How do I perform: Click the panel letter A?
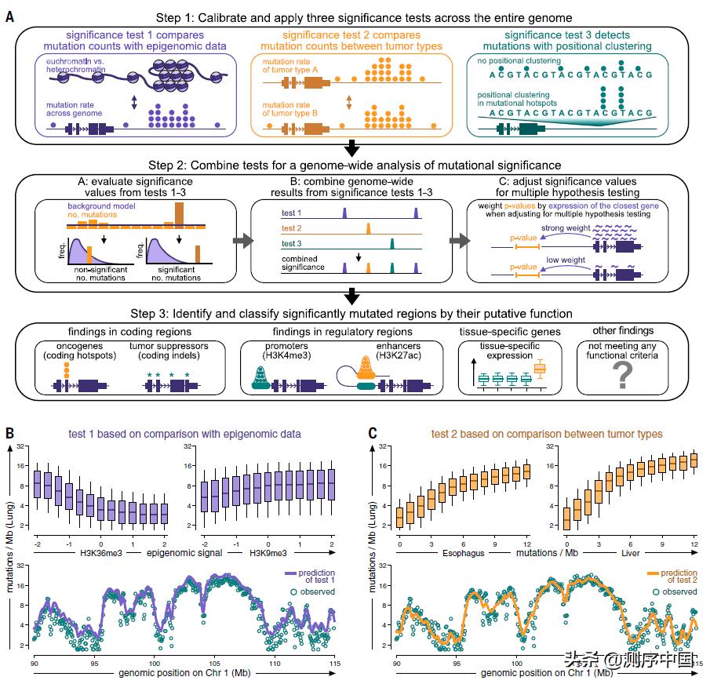pos(9,15)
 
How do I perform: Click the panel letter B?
pos(9,432)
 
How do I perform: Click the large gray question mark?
pos(621,376)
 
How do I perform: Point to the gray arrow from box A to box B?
pos(242,238)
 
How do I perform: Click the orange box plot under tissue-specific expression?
pos(540,369)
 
